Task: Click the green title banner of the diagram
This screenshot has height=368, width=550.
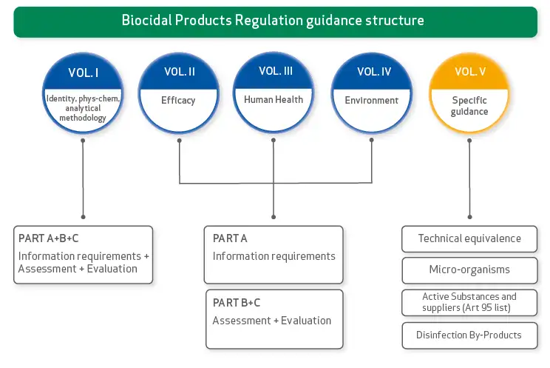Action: (274, 20)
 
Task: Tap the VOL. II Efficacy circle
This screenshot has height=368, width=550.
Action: (179, 93)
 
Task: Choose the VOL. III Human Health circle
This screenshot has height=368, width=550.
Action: (274, 93)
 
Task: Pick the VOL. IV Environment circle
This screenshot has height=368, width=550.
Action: (371, 93)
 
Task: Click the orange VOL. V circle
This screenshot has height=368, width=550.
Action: (469, 93)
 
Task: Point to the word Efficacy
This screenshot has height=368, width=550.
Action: (179, 100)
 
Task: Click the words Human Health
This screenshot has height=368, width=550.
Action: (274, 99)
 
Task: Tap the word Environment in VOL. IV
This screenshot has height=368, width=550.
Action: (371, 100)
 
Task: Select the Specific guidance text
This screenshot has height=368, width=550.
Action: (469, 106)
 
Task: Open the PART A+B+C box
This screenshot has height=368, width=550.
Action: (83, 255)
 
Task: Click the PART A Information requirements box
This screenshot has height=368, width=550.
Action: (274, 255)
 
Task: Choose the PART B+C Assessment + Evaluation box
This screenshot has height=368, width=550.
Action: (274, 318)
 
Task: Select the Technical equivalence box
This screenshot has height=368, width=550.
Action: (469, 238)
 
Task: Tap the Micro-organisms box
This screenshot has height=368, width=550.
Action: (469, 270)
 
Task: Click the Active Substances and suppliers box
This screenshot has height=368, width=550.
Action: (469, 302)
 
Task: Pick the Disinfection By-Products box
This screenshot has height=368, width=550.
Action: (469, 335)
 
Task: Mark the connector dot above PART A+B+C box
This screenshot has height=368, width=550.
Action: (83, 217)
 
